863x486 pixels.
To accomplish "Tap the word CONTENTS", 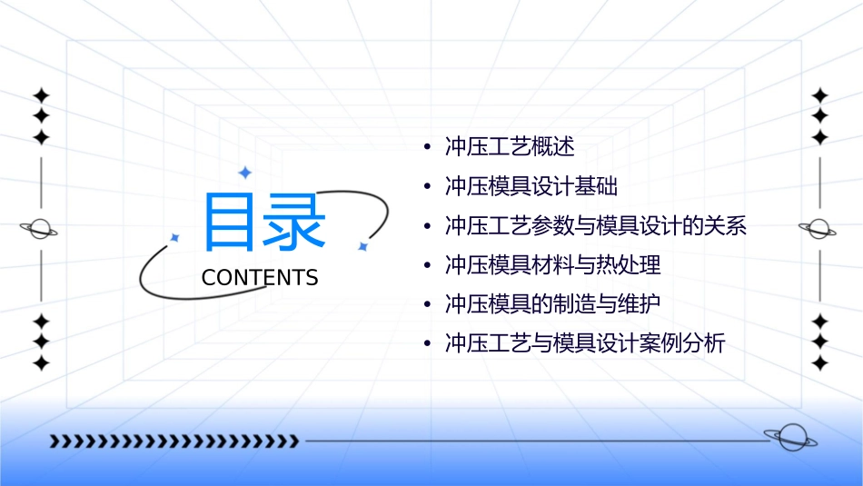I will pos(260,278).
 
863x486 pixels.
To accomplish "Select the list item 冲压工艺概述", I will pos(510,147).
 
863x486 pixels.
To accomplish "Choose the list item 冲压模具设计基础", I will pos(531,187).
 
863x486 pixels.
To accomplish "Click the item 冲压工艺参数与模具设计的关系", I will pos(596,226).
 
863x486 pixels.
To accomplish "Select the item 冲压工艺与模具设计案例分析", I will pos(585,344).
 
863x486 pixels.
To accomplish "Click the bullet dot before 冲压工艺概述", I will pos(426,147).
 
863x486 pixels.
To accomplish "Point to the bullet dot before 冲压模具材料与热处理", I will pos(426,265).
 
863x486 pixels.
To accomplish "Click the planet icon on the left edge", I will pos(40,229).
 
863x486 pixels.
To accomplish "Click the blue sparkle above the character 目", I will pos(243,173).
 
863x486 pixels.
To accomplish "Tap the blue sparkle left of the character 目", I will pos(174,237).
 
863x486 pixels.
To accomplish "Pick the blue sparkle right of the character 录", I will pos(362,246).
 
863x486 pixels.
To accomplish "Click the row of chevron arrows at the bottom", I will pos(174,441).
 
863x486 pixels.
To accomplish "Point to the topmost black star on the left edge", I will pos(41,95).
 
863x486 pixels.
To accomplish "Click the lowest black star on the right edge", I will pos(819,363).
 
